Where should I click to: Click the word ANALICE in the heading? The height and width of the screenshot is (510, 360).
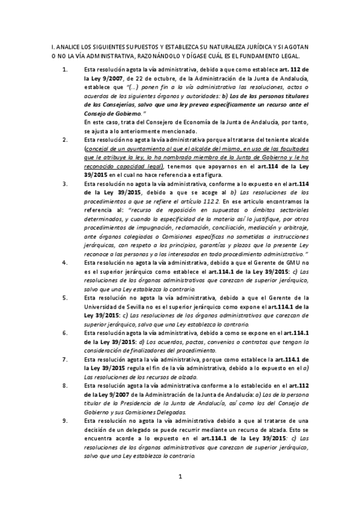[66, 47]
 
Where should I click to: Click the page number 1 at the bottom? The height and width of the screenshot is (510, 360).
[180, 478]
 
